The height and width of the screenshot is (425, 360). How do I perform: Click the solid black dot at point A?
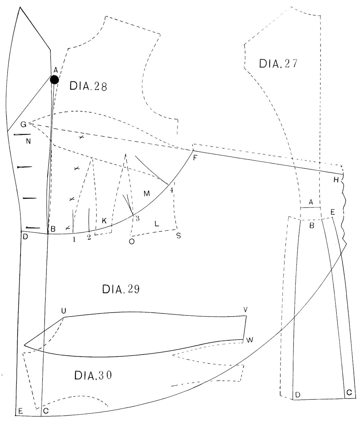[x=54, y=80]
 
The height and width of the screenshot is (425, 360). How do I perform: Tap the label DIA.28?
[x=88, y=86]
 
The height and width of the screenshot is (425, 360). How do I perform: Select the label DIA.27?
[x=278, y=63]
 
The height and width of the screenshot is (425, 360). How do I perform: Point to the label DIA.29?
[x=121, y=289]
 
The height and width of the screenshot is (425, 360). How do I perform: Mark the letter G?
[x=23, y=124]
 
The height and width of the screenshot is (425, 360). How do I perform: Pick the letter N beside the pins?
[x=28, y=142]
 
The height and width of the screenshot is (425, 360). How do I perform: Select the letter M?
[x=147, y=193]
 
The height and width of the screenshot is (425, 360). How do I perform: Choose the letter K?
[x=104, y=221]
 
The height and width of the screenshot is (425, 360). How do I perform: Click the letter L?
[x=157, y=224]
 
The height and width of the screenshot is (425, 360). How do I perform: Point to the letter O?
[x=132, y=242]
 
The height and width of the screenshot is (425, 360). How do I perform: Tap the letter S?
[x=179, y=236]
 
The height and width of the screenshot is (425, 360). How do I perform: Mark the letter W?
[x=250, y=340]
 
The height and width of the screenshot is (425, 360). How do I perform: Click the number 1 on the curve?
[x=74, y=239]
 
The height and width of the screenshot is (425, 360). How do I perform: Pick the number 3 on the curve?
[x=137, y=218]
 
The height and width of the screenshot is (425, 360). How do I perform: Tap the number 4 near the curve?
[x=172, y=190]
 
